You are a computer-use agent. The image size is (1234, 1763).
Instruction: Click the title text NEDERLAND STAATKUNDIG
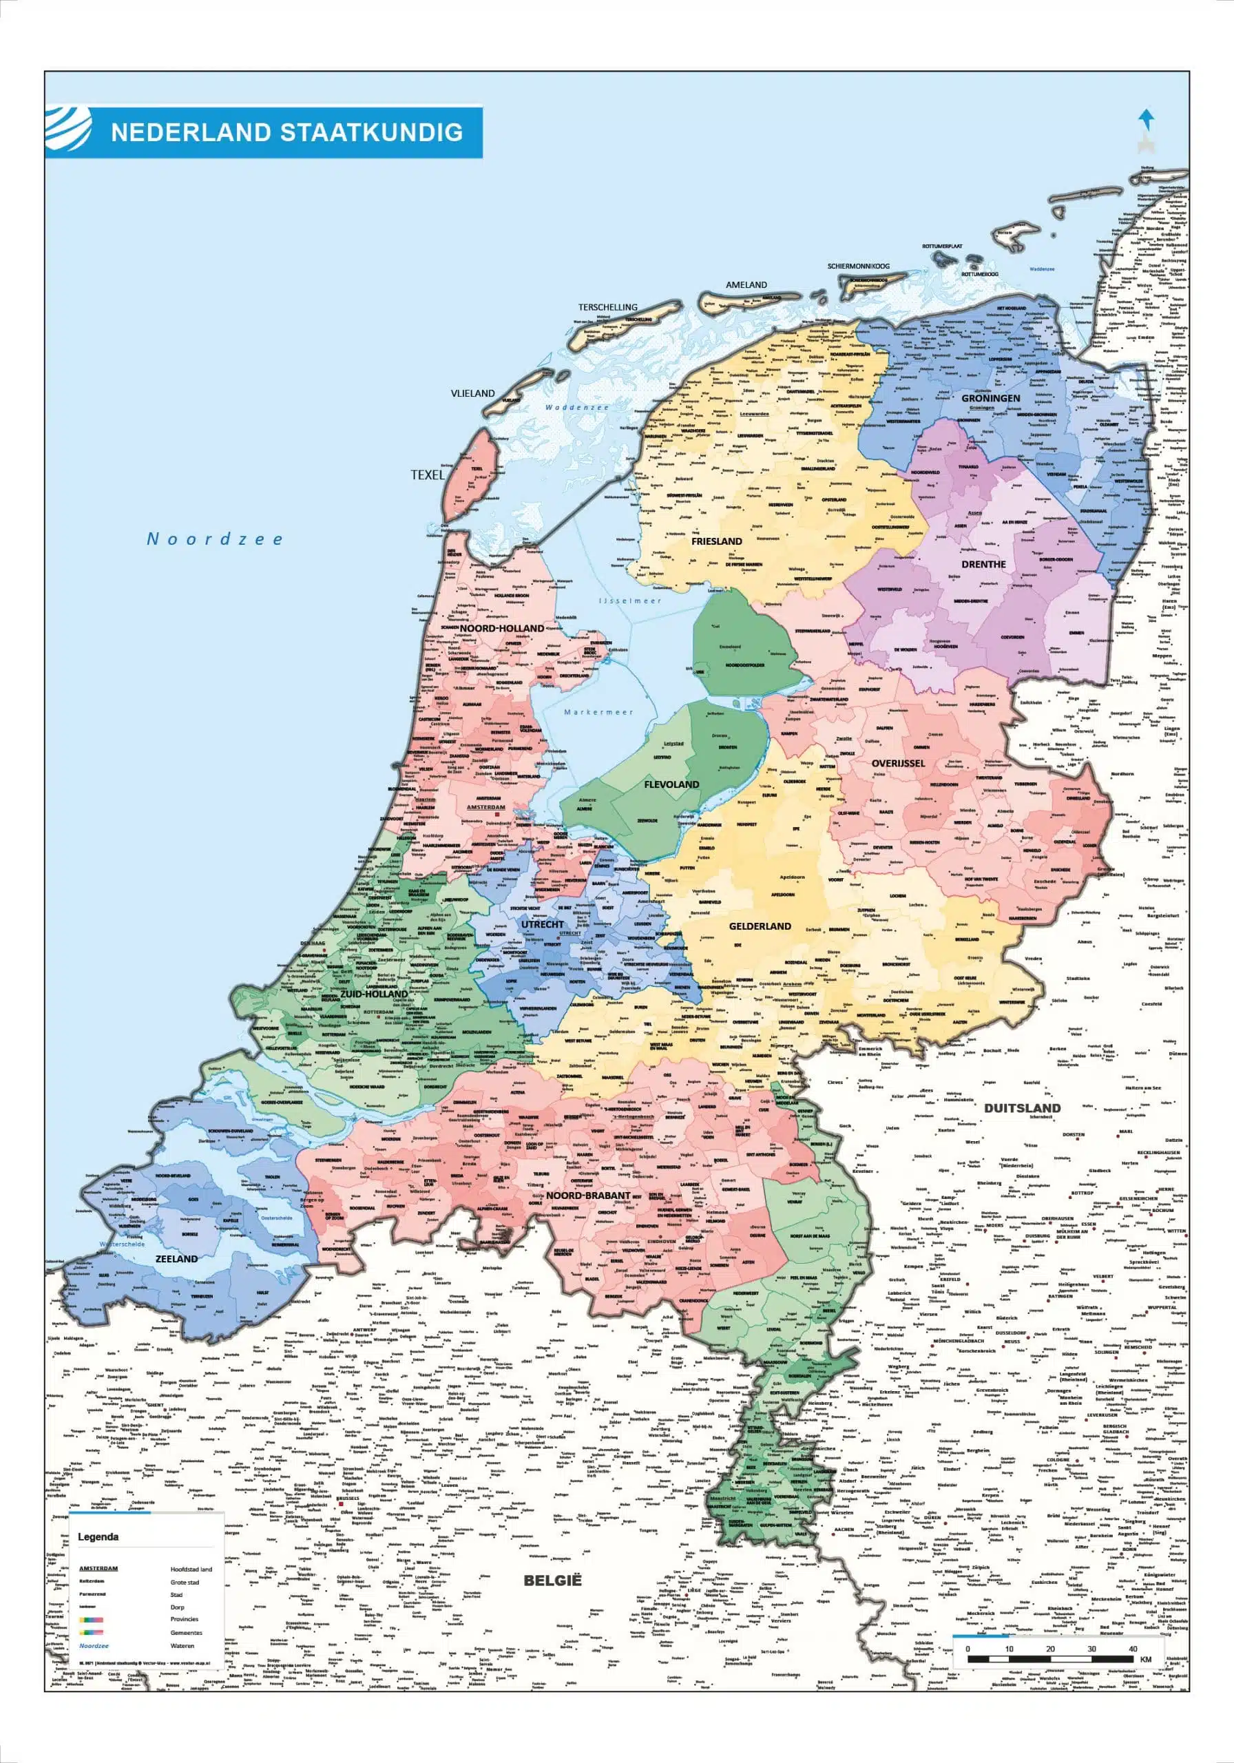point(286,132)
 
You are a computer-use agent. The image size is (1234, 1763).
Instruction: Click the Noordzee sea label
point(215,539)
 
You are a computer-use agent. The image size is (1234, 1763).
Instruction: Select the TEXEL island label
point(427,475)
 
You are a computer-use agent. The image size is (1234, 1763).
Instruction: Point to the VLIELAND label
point(472,393)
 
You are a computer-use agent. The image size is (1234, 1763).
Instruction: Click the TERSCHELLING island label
point(607,307)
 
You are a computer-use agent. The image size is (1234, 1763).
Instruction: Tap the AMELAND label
point(746,285)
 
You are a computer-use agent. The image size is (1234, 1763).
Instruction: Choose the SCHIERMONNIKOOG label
point(858,267)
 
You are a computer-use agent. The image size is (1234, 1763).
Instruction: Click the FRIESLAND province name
point(716,541)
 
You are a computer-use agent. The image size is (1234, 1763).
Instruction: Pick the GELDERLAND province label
point(760,926)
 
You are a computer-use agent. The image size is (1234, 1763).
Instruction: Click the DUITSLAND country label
point(1022,1108)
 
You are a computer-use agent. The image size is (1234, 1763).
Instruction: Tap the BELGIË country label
point(553,1581)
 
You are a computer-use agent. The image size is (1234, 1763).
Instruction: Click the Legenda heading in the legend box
point(98,1537)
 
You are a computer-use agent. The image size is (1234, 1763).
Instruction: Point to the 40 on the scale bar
point(1132,1649)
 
